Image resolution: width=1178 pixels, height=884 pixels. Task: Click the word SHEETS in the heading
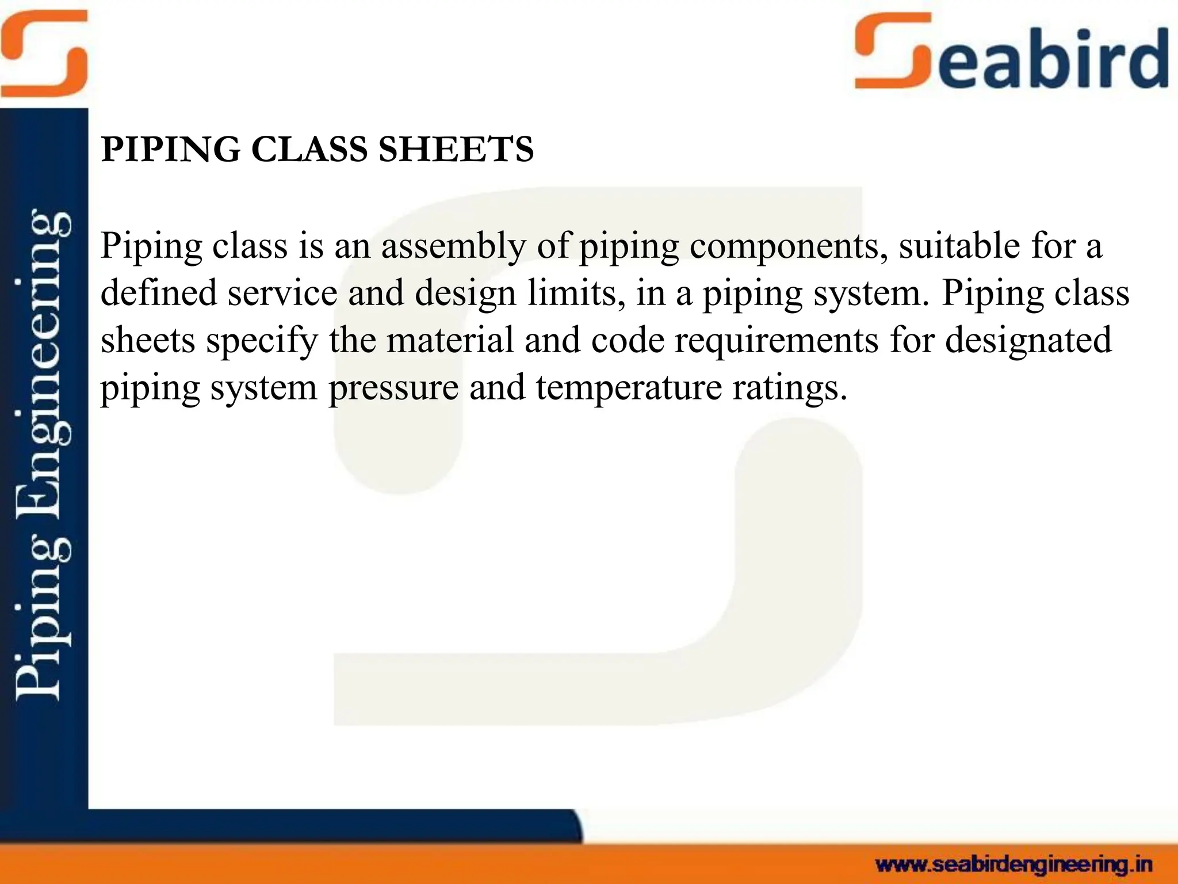click(x=456, y=150)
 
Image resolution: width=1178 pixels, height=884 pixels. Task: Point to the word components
click(x=785, y=246)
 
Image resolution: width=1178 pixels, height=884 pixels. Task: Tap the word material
click(x=450, y=340)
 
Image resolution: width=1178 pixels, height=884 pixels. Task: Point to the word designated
click(x=1028, y=340)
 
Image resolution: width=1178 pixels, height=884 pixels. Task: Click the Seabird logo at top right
click(x=1011, y=53)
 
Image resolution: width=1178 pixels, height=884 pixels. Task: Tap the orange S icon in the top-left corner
click(x=44, y=53)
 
